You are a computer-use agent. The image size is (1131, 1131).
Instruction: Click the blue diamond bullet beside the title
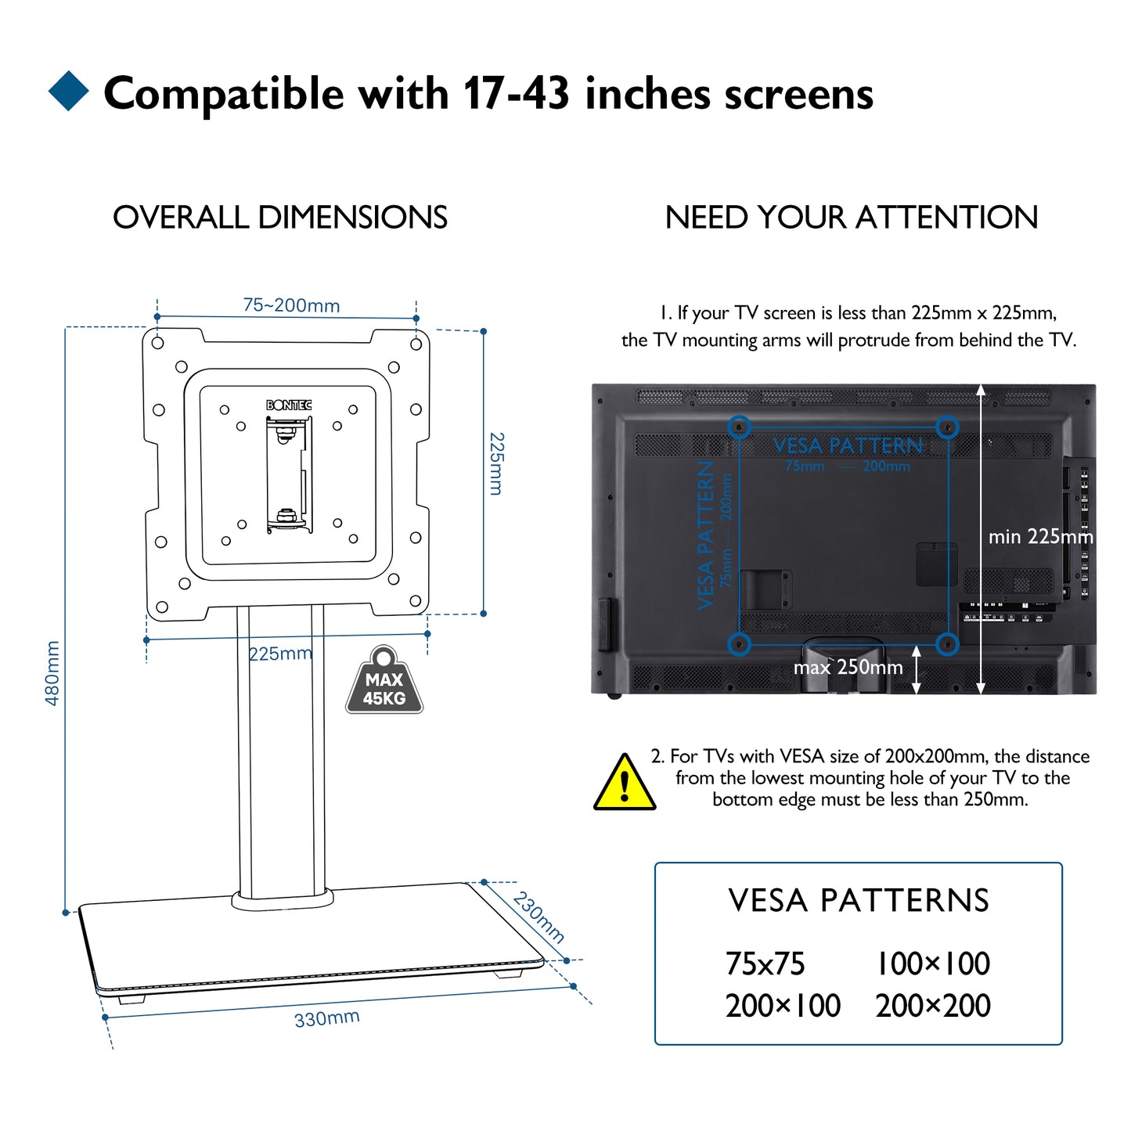coord(69,91)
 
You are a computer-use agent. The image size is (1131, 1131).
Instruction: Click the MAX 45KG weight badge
coord(384,683)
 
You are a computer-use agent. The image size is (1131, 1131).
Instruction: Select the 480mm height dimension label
coord(52,673)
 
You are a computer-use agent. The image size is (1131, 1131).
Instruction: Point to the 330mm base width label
coord(326,1018)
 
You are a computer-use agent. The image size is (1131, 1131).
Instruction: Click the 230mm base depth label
coord(538,917)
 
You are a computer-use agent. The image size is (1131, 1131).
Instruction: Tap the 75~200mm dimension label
coord(291,305)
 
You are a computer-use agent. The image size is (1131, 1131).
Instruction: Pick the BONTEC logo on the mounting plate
coord(289,405)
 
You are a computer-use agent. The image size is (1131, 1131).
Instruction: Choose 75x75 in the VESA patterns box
coord(765,964)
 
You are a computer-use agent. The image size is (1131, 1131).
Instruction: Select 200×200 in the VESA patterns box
coord(933,1006)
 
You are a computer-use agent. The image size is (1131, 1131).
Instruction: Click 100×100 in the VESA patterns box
coord(933,964)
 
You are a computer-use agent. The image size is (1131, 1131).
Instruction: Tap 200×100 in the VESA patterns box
coord(783,1006)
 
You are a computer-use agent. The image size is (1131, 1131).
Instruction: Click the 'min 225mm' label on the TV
coord(1039,537)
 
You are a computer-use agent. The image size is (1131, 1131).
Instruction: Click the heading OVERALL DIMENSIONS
coord(280,218)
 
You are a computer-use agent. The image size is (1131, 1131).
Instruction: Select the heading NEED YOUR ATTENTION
coord(851,218)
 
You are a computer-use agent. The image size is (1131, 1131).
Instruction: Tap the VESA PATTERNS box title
coord(859,901)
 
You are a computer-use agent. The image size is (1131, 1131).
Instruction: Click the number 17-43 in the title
coord(516,94)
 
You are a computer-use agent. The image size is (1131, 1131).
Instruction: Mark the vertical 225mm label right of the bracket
coord(496,463)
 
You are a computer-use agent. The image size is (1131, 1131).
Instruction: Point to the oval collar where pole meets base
coord(282,900)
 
